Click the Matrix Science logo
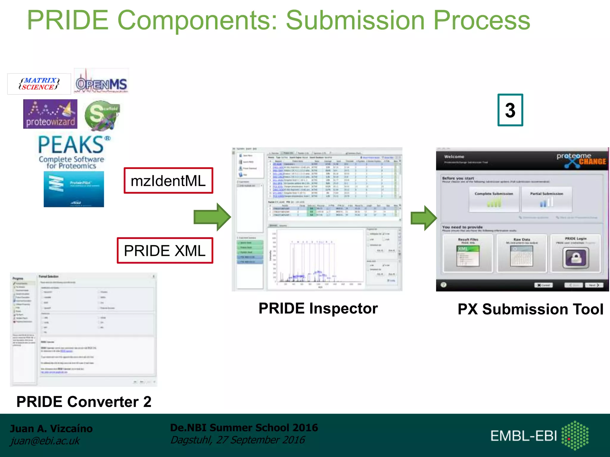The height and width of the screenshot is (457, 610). [x=39, y=84]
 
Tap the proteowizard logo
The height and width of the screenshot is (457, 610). [x=50, y=114]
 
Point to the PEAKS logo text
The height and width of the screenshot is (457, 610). [x=71, y=145]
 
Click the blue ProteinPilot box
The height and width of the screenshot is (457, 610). [x=74, y=189]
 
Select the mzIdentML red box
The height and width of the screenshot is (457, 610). [x=168, y=181]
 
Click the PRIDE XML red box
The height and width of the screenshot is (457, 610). [x=165, y=251]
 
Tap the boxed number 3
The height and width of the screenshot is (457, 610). [x=510, y=110]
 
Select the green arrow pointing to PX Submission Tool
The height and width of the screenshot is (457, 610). [x=423, y=218]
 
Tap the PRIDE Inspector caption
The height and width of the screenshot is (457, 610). [x=318, y=308]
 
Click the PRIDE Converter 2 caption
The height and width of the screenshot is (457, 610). [x=84, y=402]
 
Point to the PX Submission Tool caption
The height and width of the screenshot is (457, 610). [x=530, y=309]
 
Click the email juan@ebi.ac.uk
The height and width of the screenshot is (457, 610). [x=45, y=441]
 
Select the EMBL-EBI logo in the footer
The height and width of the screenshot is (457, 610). [x=539, y=436]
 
